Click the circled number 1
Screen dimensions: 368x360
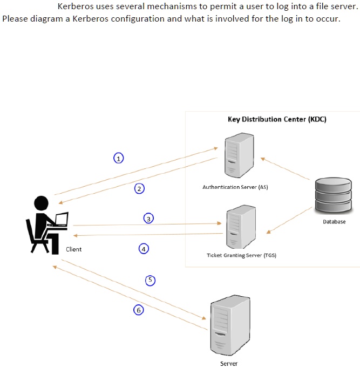pyautogui.click(x=118, y=158)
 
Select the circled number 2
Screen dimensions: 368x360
pyautogui.click(x=140, y=188)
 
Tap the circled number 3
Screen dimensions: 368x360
pyautogui.click(x=149, y=218)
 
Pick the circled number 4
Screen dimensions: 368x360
pyautogui.click(x=144, y=249)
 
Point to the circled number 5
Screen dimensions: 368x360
pyautogui.click(x=151, y=280)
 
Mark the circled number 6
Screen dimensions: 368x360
pyautogui.click(x=139, y=310)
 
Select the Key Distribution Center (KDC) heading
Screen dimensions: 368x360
pyautogui.click(x=277, y=119)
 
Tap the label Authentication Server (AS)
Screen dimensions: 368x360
pyautogui.click(x=235, y=187)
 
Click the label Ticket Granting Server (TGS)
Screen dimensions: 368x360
pyautogui.click(x=241, y=255)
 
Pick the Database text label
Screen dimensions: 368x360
pyautogui.click(x=334, y=222)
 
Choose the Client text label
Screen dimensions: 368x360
pyautogui.click(x=73, y=249)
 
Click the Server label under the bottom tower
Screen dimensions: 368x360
pyautogui.click(x=228, y=364)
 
